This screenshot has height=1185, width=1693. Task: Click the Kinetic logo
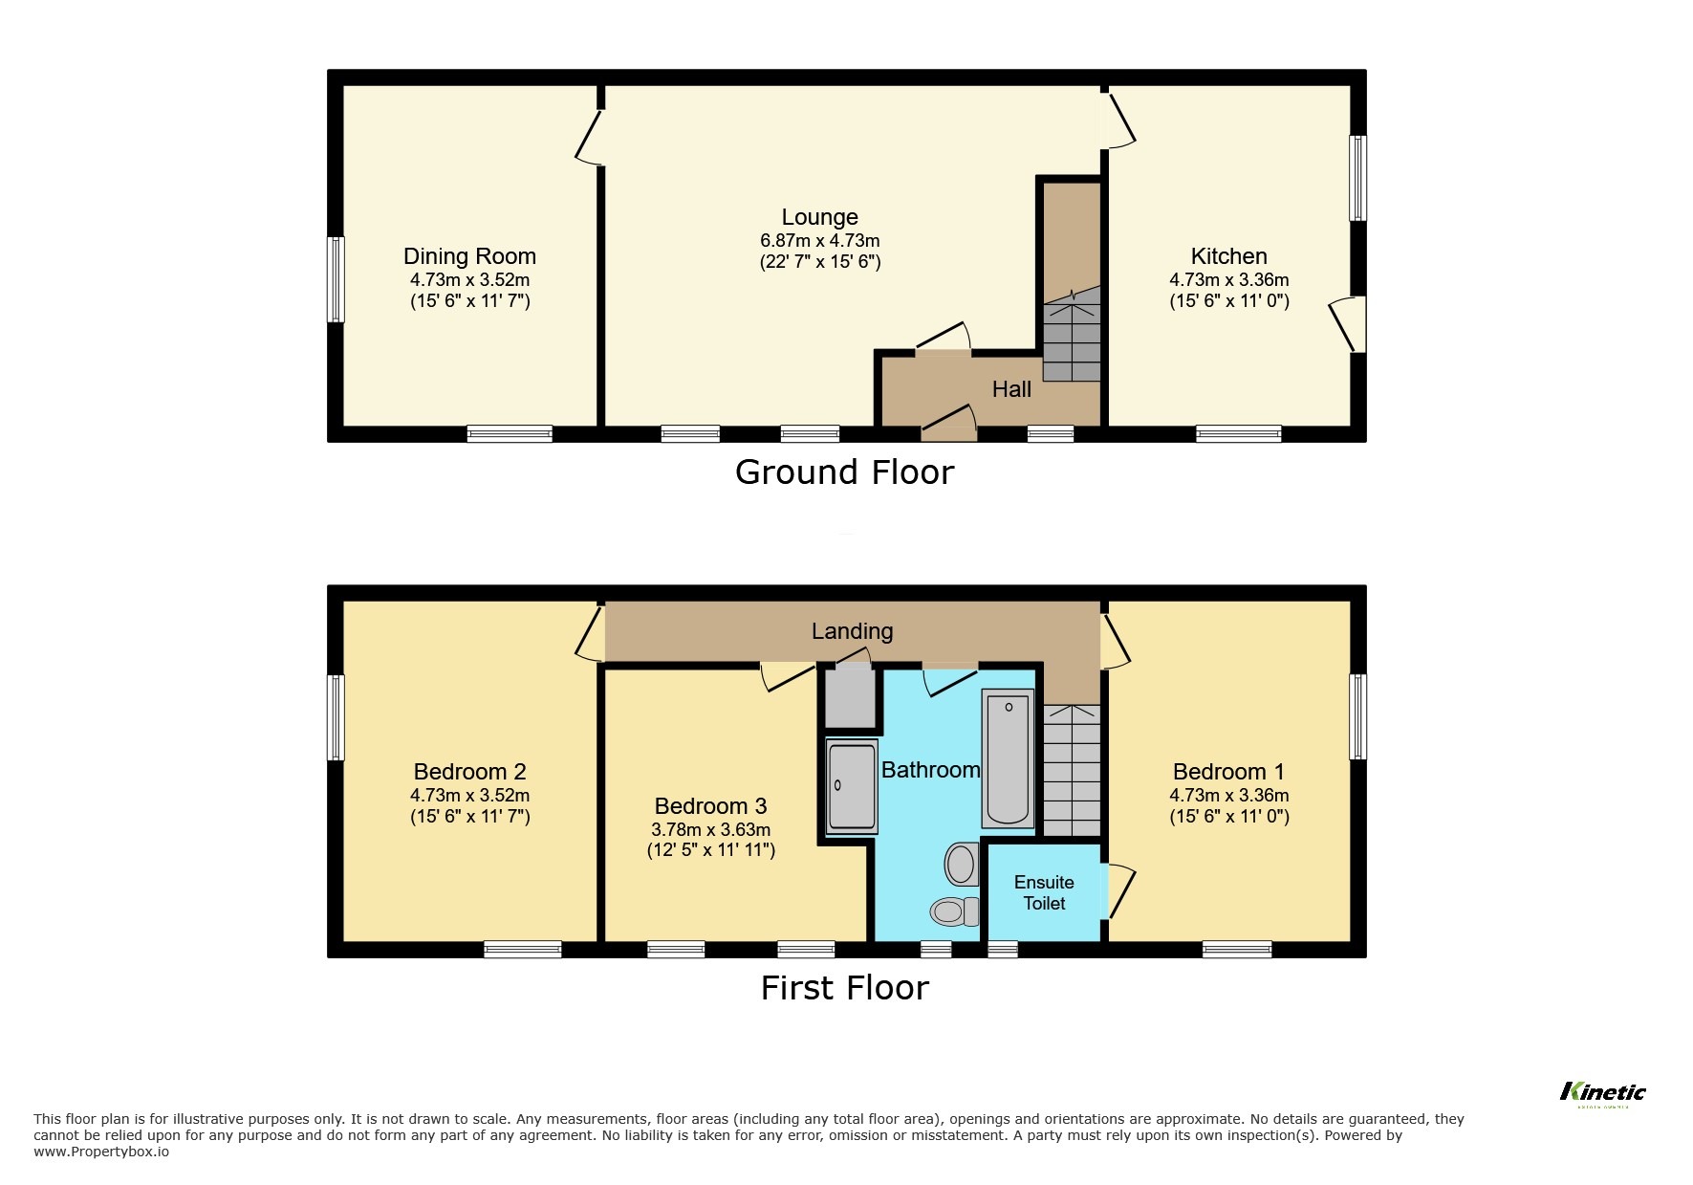pos(1602,1092)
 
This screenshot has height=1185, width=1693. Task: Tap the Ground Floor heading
pos(844,472)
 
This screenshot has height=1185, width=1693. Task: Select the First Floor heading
pos(844,988)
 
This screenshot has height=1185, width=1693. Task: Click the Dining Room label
pos(469,256)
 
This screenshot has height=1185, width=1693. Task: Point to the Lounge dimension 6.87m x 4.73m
pos(819,241)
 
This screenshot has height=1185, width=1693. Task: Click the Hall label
pos(1011,389)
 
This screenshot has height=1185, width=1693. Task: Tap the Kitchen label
pos(1228,256)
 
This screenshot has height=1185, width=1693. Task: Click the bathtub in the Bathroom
pos(1008,761)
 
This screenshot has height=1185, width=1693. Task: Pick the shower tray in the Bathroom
pos(851,787)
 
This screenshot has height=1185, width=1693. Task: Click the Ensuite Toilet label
pos(1044,892)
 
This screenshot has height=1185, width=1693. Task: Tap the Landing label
pos(852,631)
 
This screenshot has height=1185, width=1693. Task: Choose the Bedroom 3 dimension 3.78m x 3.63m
pos(710,830)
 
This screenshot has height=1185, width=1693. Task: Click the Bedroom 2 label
pos(469,772)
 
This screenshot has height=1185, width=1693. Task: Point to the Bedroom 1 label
pos(1228,772)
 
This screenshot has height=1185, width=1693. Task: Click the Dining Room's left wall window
pos(335,279)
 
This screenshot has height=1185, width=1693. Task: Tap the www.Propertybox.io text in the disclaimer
pos(101,1152)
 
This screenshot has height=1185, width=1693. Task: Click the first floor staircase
pos(1072,771)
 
